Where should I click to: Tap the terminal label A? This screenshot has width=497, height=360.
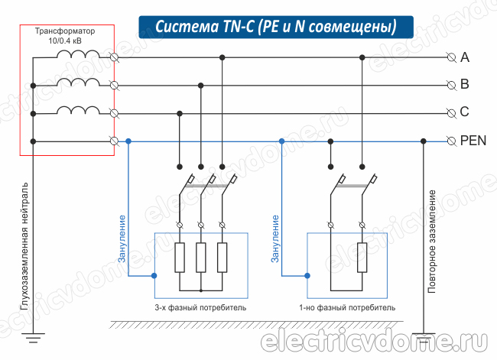click(x=465, y=57)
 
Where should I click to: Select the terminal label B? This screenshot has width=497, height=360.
click(x=465, y=84)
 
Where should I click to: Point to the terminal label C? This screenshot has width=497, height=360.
click(x=465, y=112)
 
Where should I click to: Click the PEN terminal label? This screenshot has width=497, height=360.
click(x=473, y=141)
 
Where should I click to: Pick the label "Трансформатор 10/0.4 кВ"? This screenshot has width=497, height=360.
click(x=67, y=36)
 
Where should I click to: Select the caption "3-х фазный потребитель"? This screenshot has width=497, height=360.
click(x=200, y=308)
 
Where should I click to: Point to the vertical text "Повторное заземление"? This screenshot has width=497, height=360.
click(x=432, y=241)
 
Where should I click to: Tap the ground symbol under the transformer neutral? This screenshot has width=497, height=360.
click(x=33, y=334)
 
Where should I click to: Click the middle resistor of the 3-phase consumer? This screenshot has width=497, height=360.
click(x=200, y=258)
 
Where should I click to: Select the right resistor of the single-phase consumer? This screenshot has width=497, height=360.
click(x=362, y=258)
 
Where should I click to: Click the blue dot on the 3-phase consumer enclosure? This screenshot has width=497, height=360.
click(x=154, y=274)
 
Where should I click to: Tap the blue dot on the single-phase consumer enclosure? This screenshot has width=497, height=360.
click(x=307, y=274)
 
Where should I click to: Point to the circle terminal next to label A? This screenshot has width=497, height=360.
click(x=450, y=57)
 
